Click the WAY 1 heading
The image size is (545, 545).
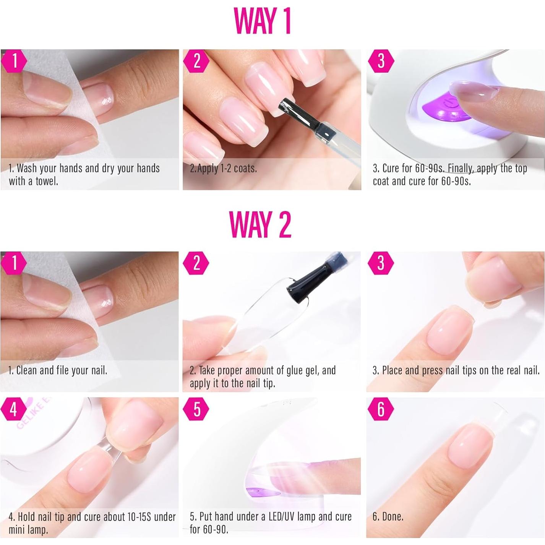coord(262,21)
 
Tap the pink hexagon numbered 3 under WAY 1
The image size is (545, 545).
coord(381,61)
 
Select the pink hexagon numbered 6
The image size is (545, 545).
coord(381,409)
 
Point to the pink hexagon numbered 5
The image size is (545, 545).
coord(196,409)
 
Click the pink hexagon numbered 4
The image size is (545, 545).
coord(14,409)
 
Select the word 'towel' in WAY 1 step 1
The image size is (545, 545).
coord(46,181)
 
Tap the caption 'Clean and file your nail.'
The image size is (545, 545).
coord(58,370)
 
